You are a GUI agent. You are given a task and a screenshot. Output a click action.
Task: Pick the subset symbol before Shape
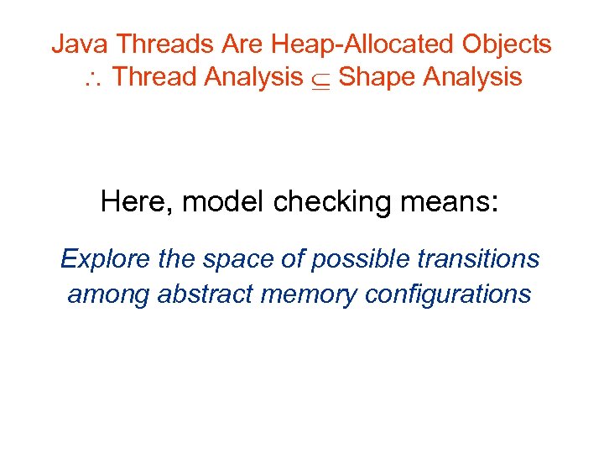click(x=320, y=79)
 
